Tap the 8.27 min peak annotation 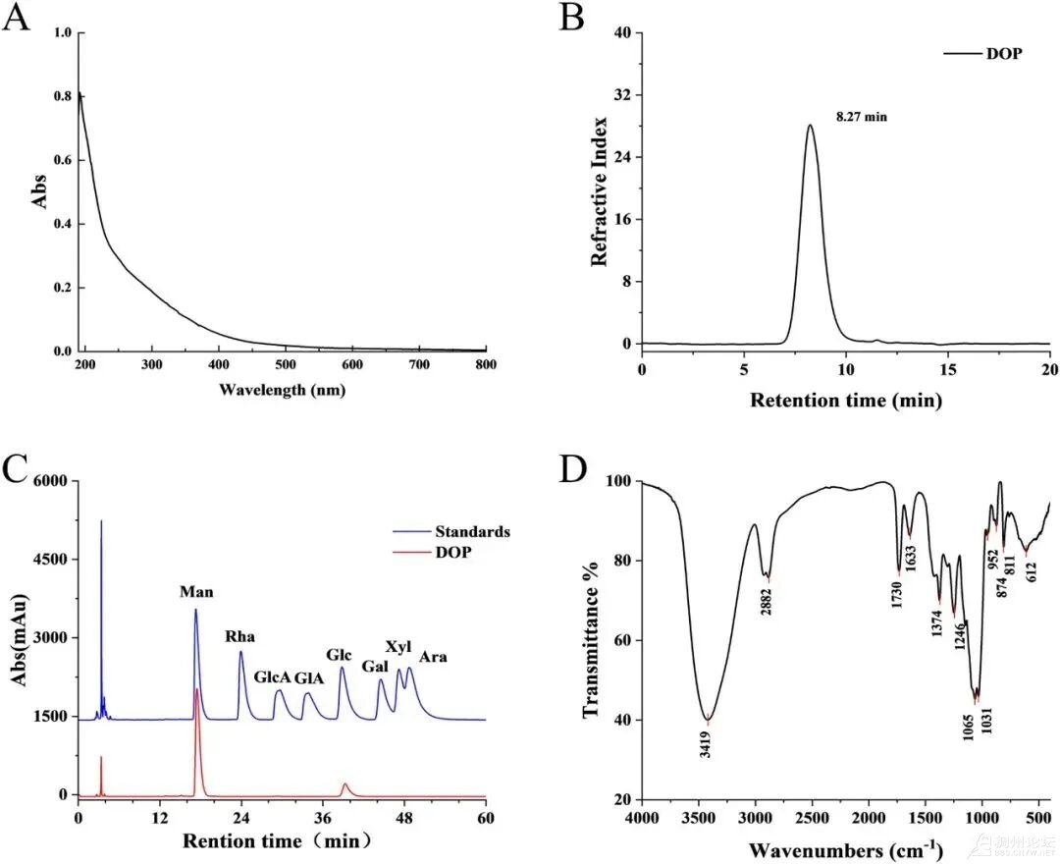[861, 117]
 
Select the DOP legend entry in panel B [1004, 54]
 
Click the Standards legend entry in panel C [476, 531]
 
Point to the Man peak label [196, 592]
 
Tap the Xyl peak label [397, 647]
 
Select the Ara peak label [433, 656]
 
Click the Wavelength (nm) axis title [282, 390]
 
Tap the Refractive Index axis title [600, 191]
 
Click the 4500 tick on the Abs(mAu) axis [47, 560]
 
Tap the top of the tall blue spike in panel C [101, 521]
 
